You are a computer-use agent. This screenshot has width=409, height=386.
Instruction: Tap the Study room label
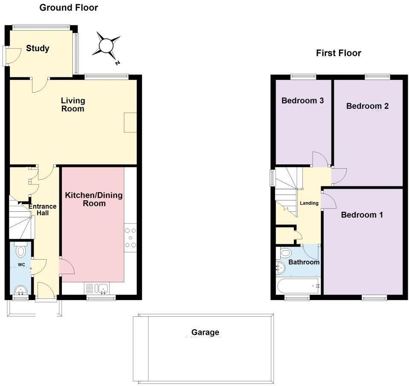[x=38, y=49]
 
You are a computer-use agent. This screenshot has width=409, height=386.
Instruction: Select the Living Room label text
[x=73, y=105]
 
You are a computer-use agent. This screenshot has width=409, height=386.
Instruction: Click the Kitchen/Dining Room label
[x=94, y=199]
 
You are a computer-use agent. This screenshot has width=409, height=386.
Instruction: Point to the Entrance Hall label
[x=42, y=210]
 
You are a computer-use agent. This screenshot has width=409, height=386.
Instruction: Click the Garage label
[x=205, y=332]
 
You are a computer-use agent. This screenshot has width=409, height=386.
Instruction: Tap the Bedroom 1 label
[x=362, y=215]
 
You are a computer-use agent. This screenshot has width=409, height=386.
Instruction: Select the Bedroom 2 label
[x=367, y=106]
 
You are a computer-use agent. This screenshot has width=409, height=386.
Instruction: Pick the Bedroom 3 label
[x=302, y=101]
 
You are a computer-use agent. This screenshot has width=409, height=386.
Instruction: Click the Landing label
[x=309, y=203]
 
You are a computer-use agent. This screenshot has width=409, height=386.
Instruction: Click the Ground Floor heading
[x=69, y=8]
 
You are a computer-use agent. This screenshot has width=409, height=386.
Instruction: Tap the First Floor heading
[x=338, y=53]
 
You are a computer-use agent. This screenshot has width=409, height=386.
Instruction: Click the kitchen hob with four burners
[x=130, y=237]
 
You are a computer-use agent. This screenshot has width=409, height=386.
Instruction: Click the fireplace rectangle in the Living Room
[x=130, y=123]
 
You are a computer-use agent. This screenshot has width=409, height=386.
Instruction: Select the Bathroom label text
[x=304, y=262]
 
